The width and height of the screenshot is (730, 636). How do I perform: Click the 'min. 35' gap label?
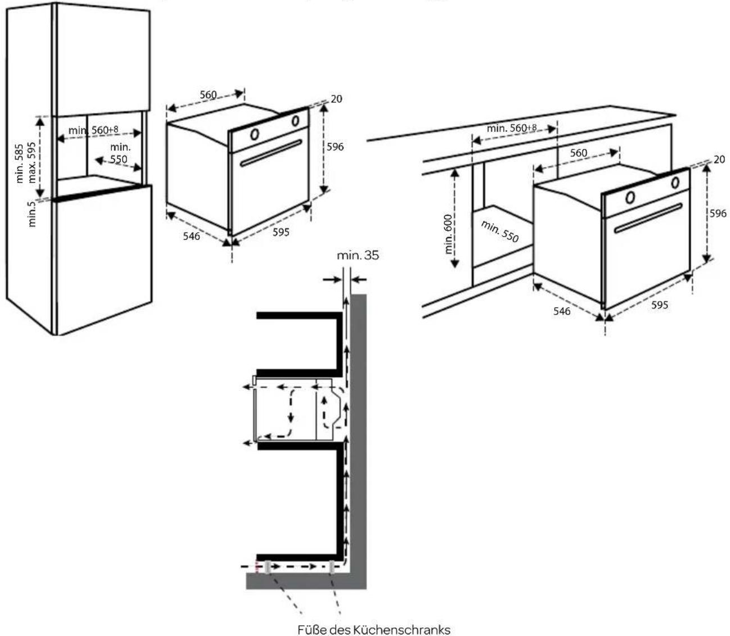358,255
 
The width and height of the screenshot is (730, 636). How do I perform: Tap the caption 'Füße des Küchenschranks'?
373,630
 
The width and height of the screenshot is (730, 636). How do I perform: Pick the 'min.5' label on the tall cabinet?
32,214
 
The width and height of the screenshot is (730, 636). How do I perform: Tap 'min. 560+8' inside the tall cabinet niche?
93,130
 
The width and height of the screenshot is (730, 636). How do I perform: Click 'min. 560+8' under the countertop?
511,128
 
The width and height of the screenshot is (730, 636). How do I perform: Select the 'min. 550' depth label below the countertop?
499,231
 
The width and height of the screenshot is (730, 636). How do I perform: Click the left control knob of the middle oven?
254,134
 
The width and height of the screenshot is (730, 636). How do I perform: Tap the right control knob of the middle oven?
295,120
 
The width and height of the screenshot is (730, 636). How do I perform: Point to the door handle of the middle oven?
271,153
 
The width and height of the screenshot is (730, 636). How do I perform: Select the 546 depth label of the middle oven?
191,237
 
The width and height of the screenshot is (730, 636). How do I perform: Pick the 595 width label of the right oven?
659,305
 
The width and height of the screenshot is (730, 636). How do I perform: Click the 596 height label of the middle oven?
335,147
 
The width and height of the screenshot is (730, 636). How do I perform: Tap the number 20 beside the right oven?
719,160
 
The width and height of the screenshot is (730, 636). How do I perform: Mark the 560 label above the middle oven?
208,94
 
